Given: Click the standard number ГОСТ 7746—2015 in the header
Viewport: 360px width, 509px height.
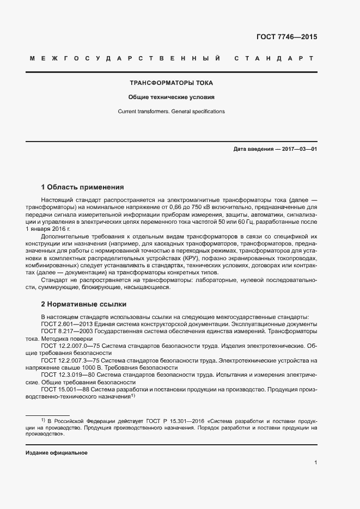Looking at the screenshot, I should click(x=286, y=38).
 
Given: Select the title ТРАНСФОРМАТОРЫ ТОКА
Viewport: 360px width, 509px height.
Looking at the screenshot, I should click(x=171, y=83).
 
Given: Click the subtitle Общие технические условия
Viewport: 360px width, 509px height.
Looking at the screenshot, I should click(x=171, y=97).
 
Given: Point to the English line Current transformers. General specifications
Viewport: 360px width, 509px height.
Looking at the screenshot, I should click(x=171, y=112).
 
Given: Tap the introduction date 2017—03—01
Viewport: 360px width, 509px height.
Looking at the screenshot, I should click(x=298, y=149).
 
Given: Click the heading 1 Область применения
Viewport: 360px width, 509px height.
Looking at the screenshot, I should click(x=83, y=187).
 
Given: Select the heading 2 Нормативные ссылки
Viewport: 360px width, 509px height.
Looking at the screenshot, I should click(x=84, y=304).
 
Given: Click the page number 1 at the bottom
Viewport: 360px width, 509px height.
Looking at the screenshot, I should click(x=315, y=463).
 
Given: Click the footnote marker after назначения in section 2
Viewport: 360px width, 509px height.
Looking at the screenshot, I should click(x=132, y=395).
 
